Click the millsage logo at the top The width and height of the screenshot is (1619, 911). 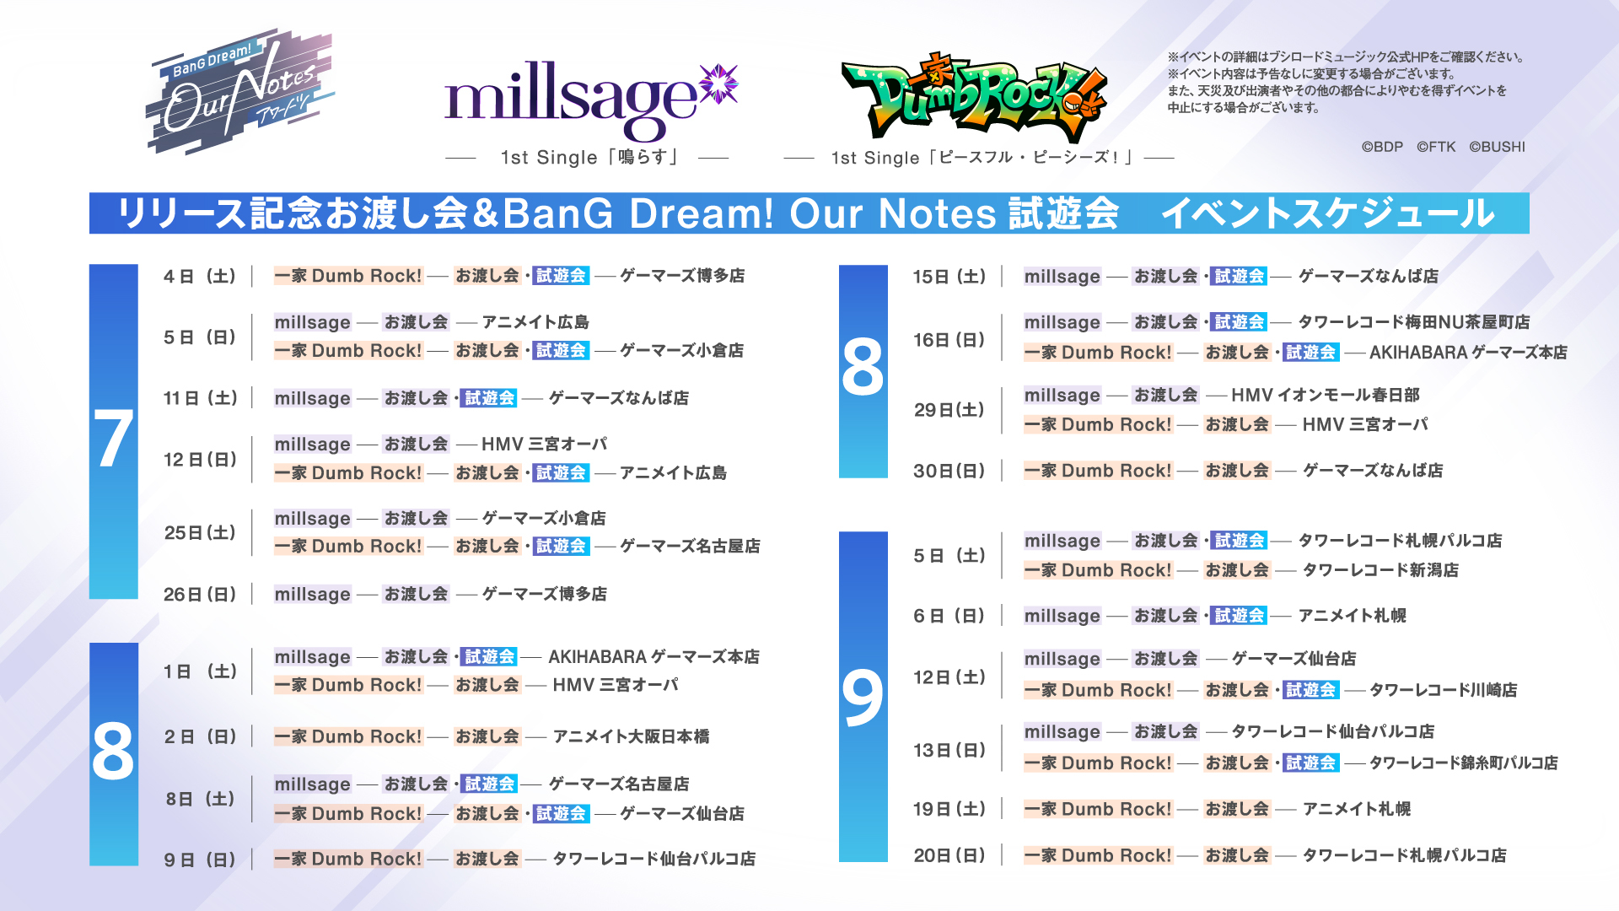pos(590,100)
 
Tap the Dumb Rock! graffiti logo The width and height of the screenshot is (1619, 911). pos(974,97)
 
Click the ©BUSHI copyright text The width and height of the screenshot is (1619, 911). pos(1498,147)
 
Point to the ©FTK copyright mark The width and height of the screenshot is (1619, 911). pos(1436,147)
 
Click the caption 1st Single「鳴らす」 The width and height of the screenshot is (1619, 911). pos(589,158)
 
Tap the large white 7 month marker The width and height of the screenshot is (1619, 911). pos(114,439)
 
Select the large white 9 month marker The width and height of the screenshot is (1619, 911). pos(863,698)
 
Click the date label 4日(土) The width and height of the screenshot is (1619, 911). pos(200,277)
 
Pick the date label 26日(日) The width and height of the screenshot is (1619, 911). pos(200,595)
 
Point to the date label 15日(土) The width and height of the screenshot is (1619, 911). pos(949,277)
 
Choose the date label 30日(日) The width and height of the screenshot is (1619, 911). pos(949,471)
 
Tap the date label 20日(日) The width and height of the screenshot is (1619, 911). pos(949,855)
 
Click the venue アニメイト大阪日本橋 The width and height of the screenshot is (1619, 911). pos(631,736)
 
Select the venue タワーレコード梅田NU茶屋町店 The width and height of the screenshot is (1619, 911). pos(1414,322)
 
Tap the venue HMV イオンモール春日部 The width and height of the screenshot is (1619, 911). pos(1326,395)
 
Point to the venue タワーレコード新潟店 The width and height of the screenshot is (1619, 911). pos(1380,570)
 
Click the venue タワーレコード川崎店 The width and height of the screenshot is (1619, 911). pos(1444,690)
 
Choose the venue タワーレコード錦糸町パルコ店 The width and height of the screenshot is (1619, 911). pos(1464,763)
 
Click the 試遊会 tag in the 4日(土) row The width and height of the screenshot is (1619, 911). pos(561,276)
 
